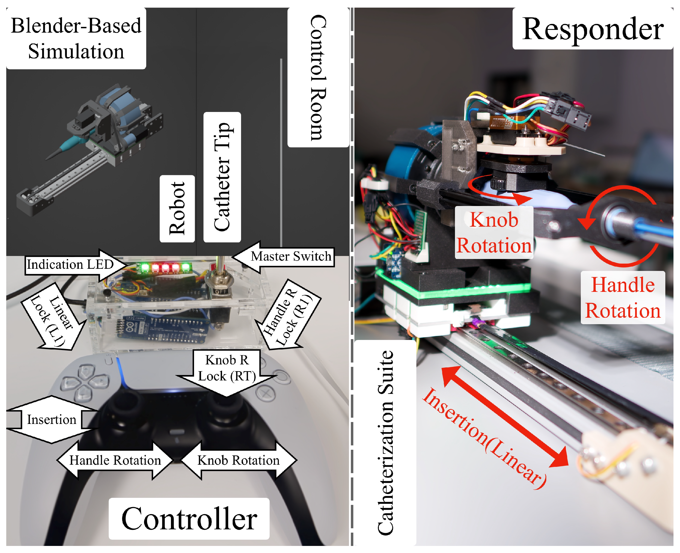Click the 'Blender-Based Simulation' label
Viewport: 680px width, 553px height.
76,39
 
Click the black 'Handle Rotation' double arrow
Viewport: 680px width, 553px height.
115,460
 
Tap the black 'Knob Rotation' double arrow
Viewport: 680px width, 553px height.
238,460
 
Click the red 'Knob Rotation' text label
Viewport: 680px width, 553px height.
494,233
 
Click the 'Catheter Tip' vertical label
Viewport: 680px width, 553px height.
222,177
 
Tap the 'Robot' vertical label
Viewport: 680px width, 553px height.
177,209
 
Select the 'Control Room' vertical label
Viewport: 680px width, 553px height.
318,77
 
